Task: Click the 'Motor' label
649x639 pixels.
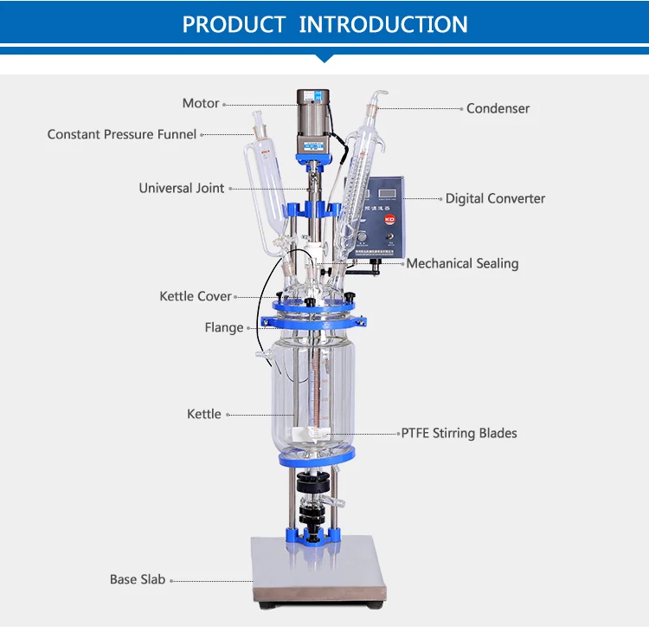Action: pos(200,104)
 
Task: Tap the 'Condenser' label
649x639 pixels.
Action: pos(498,109)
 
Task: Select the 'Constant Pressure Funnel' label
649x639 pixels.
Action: pos(122,134)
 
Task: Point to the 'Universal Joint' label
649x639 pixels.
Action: pos(182,188)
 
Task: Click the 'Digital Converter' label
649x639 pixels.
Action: pos(495,198)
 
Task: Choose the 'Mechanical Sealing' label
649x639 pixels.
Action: pos(462,263)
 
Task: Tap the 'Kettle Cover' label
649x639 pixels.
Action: pos(196,296)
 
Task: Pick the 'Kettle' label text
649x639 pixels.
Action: pos(204,414)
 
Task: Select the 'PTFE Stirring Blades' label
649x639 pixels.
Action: pos(459,433)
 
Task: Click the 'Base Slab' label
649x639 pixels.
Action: pos(137,579)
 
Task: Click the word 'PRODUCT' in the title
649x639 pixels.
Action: pos(234,24)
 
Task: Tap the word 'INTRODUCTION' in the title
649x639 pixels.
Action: pos(383,24)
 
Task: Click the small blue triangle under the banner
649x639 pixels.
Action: pos(324,58)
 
